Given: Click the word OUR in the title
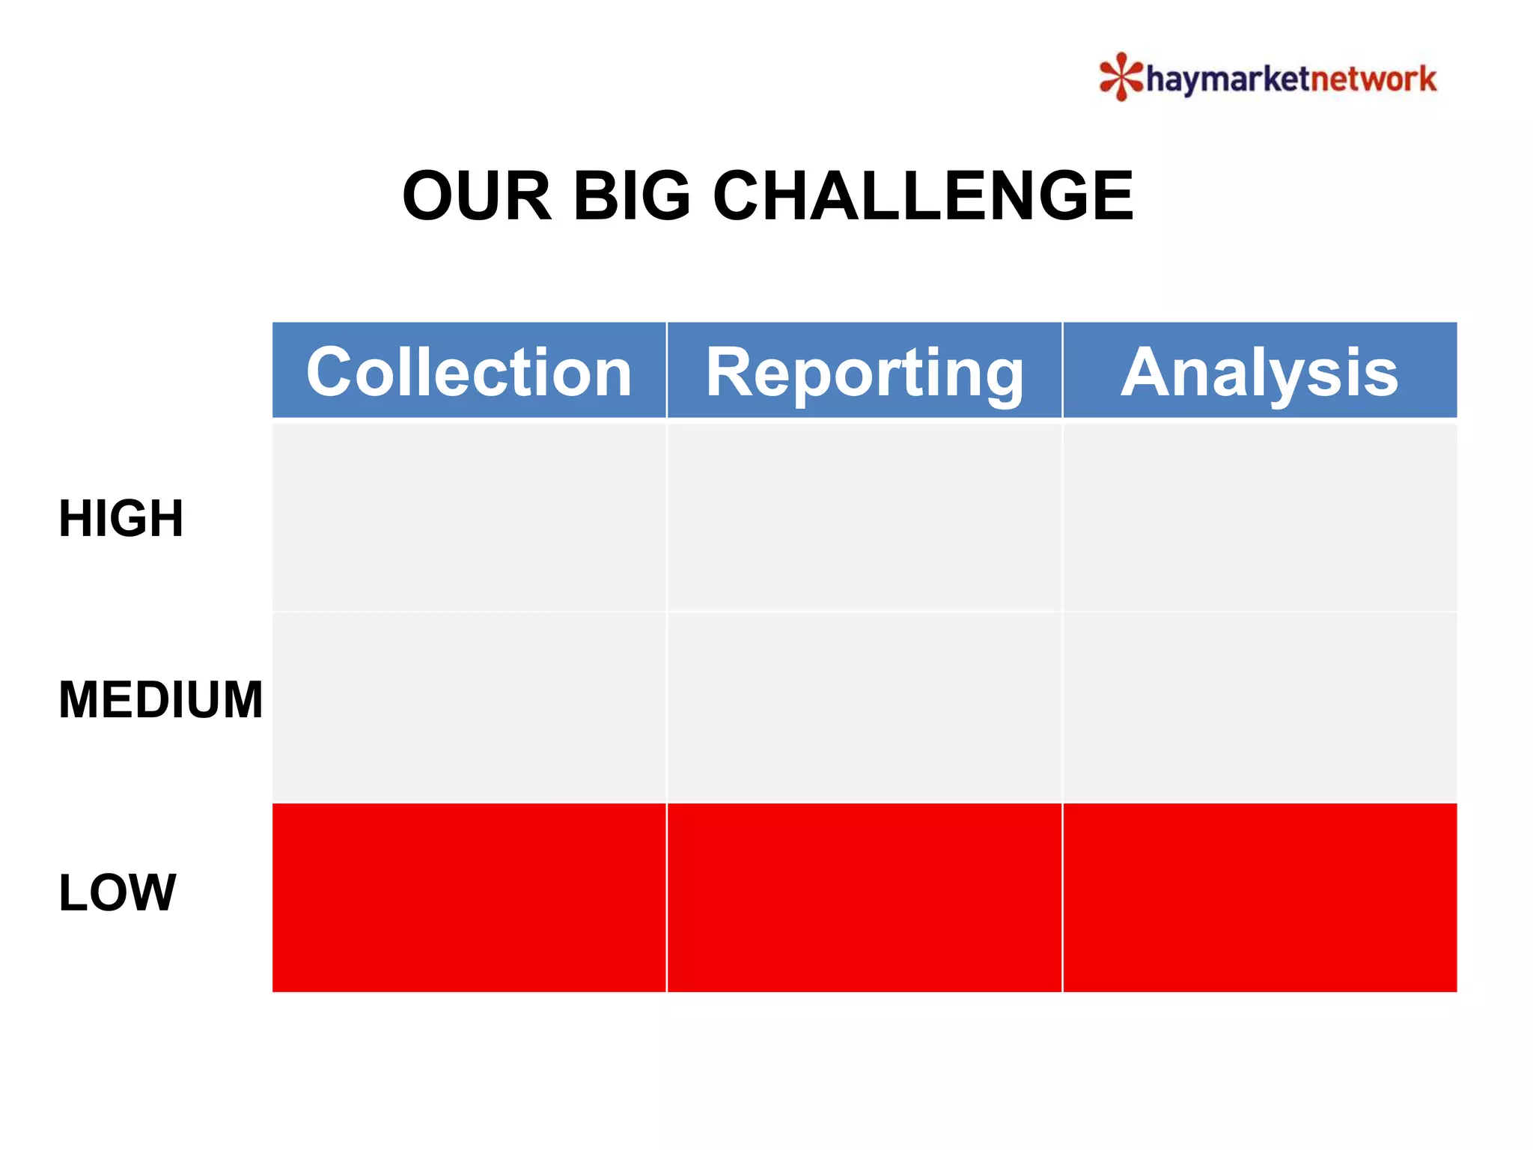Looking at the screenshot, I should (x=477, y=196).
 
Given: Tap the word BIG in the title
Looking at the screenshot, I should (x=632, y=196).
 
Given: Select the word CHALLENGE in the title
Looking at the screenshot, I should (x=923, y=196).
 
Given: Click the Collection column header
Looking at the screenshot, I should (x=469, y=371).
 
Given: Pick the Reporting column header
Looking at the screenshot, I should (x=864, y=371).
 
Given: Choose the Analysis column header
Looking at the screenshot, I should (x=1260, y=371).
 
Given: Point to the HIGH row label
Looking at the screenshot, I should (x=121, y=518).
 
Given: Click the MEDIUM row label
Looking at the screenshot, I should (x=161, y=700).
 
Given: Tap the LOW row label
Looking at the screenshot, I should (x=118, y=892).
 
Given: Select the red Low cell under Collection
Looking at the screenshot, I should (x=469, y=897).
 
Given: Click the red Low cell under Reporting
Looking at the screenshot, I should (x=864, y=897).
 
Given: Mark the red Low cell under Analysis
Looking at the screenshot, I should (x=1260, y=897).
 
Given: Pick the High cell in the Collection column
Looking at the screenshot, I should (x=469, y=517).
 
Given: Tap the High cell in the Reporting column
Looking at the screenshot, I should (x=864, y=517).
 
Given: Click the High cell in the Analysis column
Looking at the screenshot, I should (x=1260, y=517).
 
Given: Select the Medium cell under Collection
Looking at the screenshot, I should (x=469, y=707).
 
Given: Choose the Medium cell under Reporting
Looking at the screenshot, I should (x=864, y=707).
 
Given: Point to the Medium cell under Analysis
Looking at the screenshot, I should (x=1260, y=707).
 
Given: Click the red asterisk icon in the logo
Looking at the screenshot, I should (x=1121, y=76).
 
